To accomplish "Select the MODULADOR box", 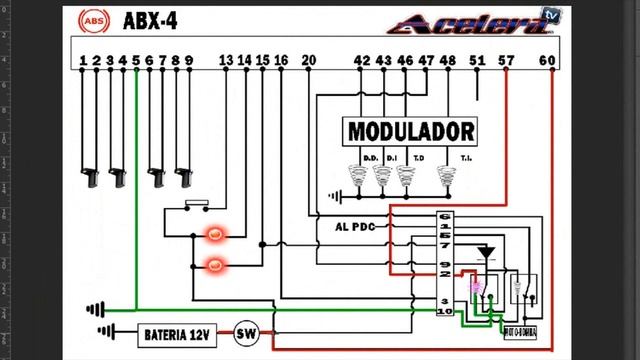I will click(410, 131).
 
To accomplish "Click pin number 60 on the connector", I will click(546, 61).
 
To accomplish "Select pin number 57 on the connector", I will click(507, 61).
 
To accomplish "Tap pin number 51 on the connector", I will click(476, 61).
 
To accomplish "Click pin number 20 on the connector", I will click(308, 61).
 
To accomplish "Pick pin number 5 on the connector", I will click(136, 61).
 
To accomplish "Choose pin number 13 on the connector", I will click(225, 61).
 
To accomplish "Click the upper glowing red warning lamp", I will click(214, 235).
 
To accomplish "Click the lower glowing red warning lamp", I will click(214, 265).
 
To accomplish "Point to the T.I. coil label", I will click(466, 158).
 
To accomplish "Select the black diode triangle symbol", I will click(486, 251).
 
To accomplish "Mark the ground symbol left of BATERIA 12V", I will click(105, 331).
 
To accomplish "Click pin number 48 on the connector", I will click(447, 61).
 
